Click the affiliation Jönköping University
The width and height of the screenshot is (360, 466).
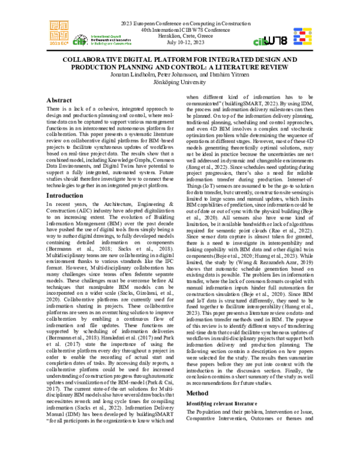point(181,83)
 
